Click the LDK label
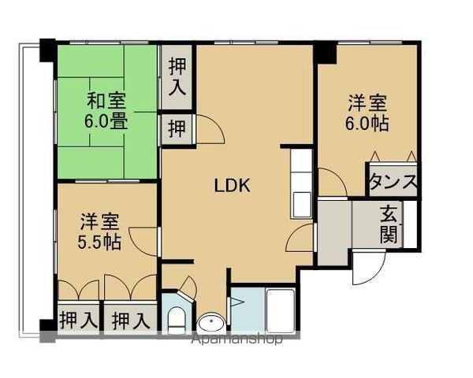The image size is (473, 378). [233, 186]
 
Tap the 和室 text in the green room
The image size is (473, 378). [106, 102]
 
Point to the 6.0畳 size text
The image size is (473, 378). [106, 123]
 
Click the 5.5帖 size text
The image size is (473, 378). [99, 241]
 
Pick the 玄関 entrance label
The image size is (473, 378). [389, 223]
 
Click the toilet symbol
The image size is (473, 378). [177, 319]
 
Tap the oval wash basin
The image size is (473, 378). [210, 323]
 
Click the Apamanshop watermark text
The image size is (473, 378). [236, 340]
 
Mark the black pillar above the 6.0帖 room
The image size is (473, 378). [324, 51]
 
